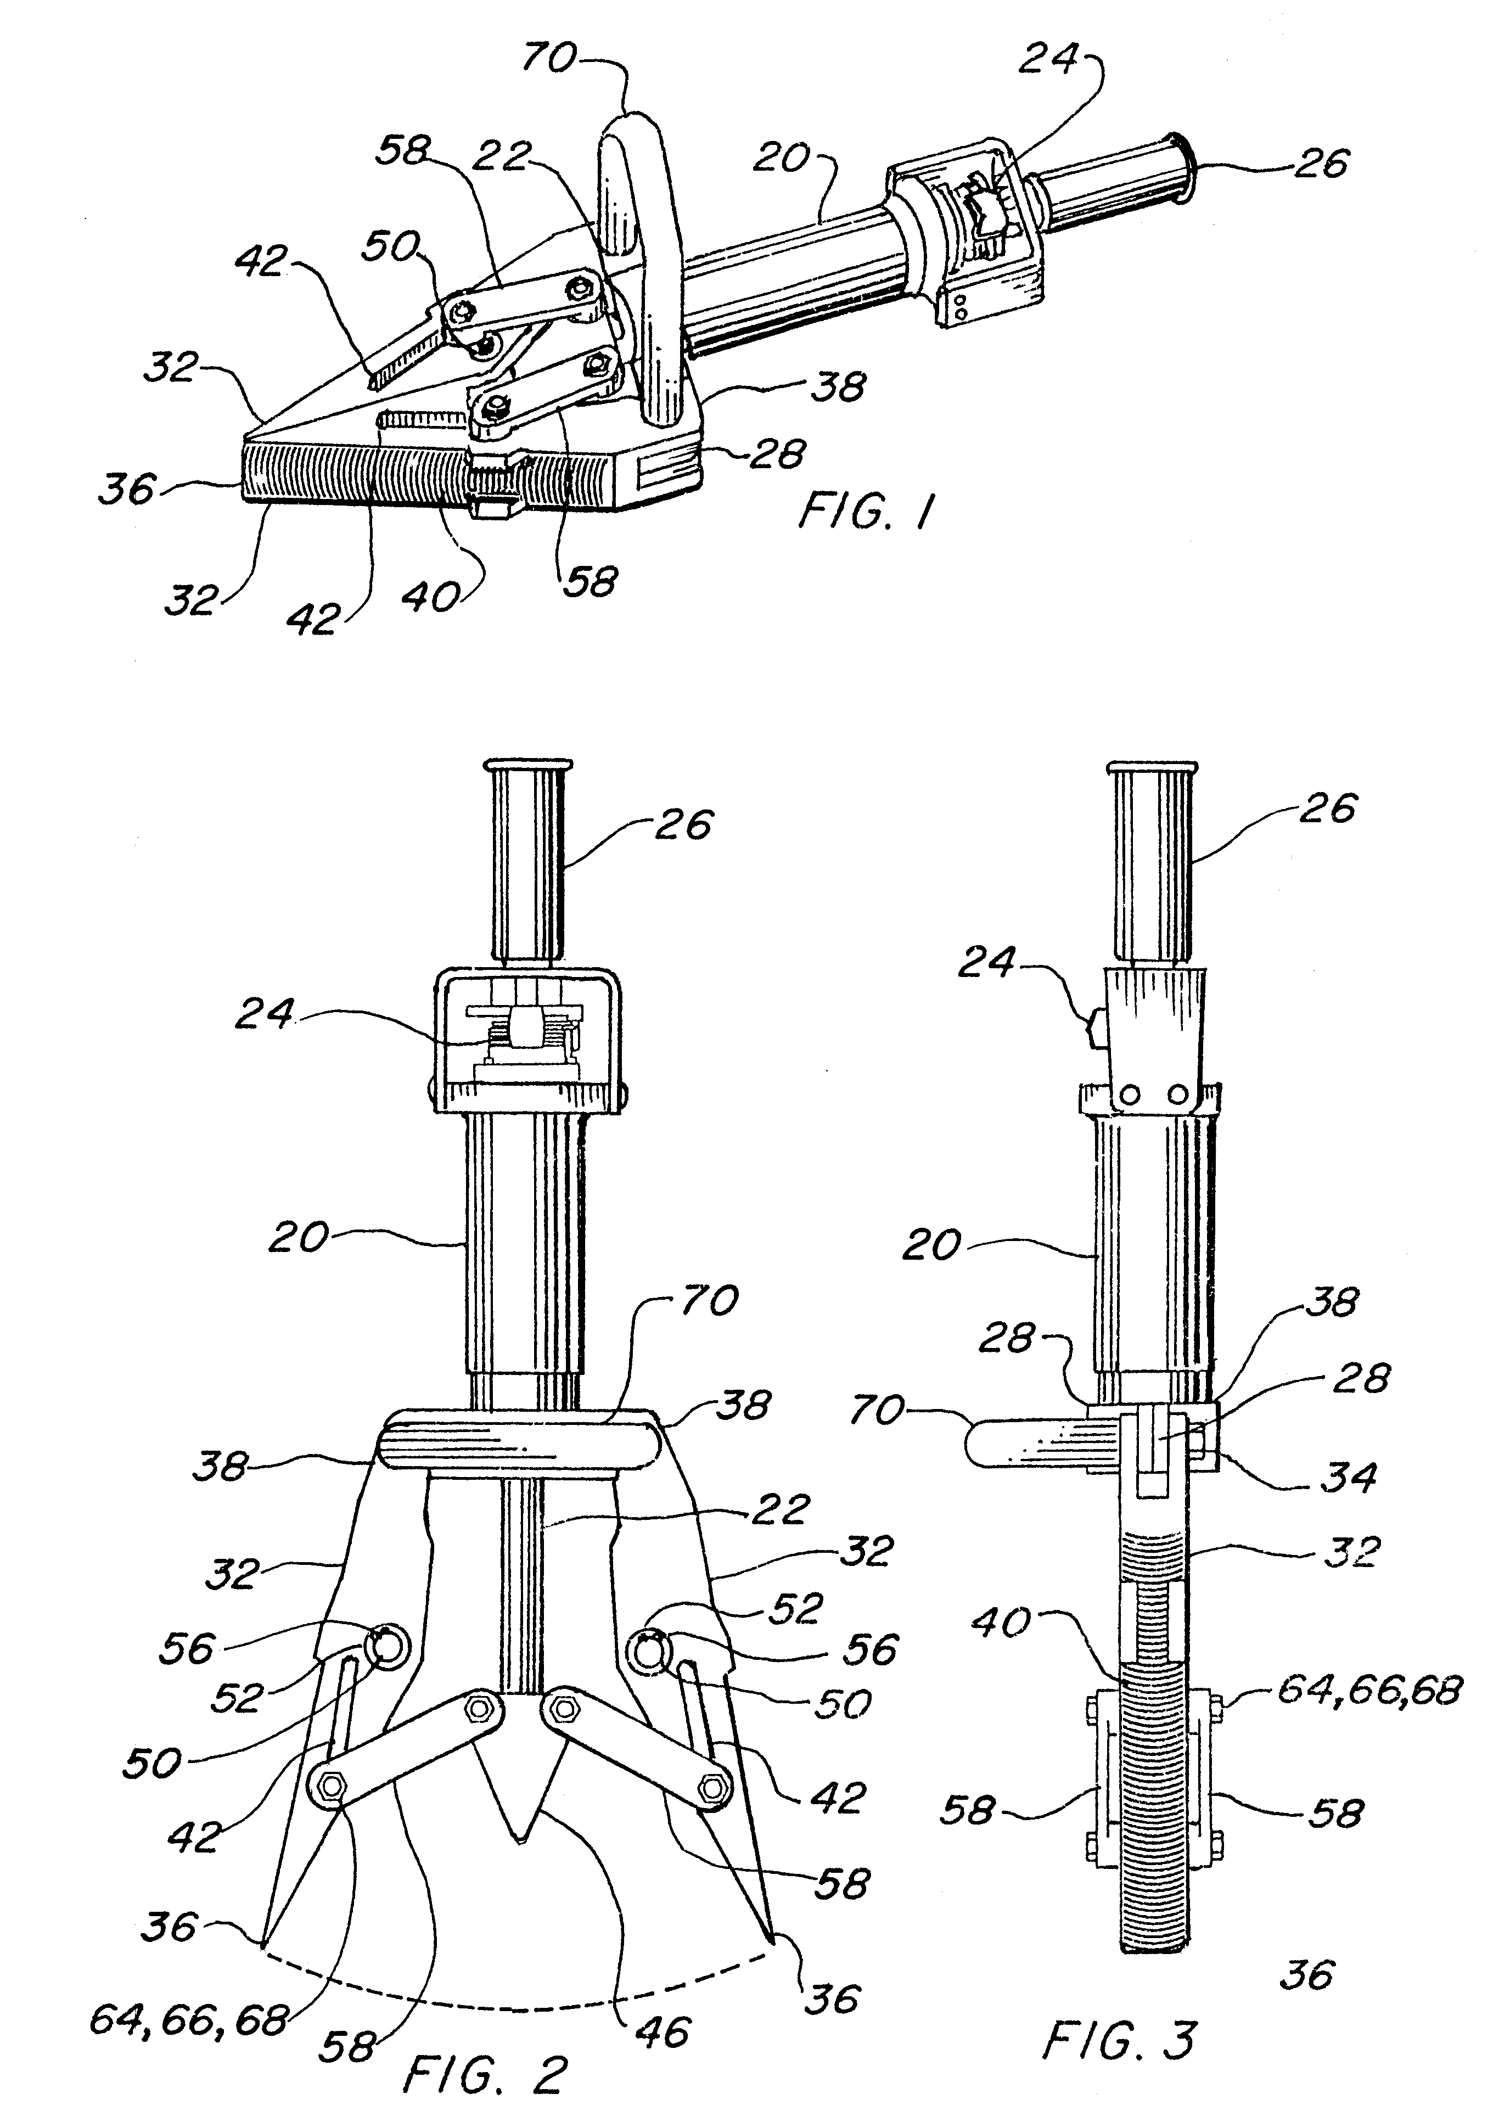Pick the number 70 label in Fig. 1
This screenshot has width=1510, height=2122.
point(548,58)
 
